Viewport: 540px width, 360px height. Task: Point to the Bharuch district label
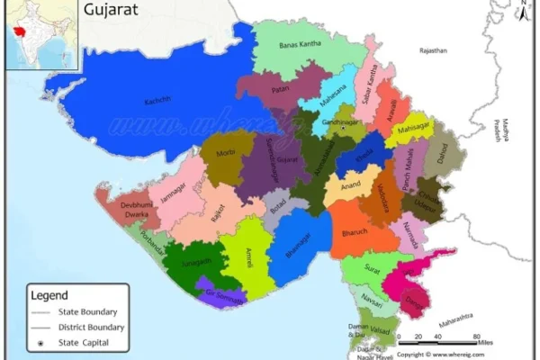click(356, 232)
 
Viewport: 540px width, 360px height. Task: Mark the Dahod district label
click(443, 155)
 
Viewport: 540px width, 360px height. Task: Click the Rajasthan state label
click(432, 51)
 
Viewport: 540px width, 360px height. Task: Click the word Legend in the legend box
click(49, 294)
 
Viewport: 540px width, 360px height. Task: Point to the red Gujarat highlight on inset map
click(19, 29)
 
